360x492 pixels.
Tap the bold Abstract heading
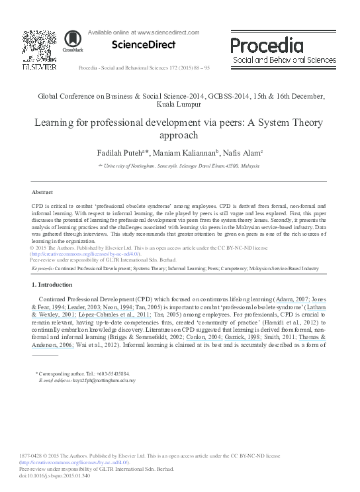pyautogui.click(x=42, y=191)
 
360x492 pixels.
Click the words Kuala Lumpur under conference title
pyautogui.click(x=179, y=105)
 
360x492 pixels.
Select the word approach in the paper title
pyautogui.click(x=179, y=134)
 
